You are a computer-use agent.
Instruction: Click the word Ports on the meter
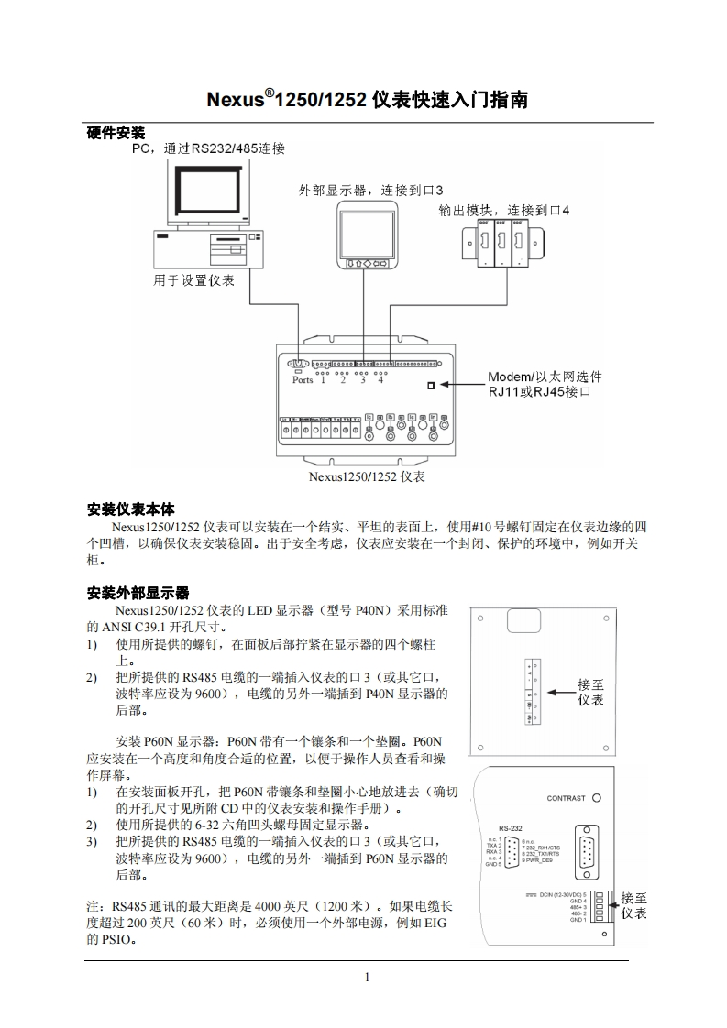tap(302, 379)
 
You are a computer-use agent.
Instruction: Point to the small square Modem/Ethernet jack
tap(431, 386)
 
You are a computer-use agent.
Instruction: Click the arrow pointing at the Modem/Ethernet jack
tap(460, 385)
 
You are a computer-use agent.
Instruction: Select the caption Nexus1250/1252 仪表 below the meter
tap(367, 476)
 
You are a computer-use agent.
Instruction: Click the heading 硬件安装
tap(115, 134)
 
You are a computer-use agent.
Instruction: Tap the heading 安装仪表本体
tap(130, 509)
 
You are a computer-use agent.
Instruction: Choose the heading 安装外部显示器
tap(138, 593)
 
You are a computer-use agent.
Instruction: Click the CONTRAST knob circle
tap(597, 798)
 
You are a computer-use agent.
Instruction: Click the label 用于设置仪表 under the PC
tap(193, 280)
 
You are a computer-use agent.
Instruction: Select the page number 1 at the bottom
tap(367, 977)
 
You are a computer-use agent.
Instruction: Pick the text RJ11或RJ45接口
tap(536, 392)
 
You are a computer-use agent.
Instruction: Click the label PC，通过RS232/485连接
tap(209, 148)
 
